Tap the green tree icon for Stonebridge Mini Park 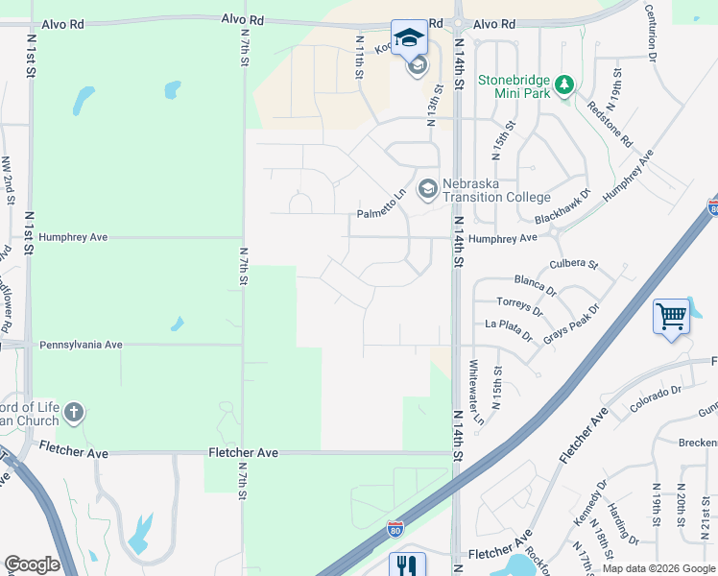pyautogui.click(x=565, y=85)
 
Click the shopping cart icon pyautogui.click(x=671, y=316)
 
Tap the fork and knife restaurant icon pyautogui.click(x=407, y=566)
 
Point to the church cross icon pyautogui.click(x=74, y=414)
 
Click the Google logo pyautogui.click(x=32, y=564)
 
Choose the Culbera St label pyautogui.click(x=573, y=263)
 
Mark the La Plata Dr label pyautogui.click(x=509, y=326)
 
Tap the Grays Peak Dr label pyautogui.click(x=571, y=324)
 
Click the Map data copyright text pyautogui.click(x=658, y=568)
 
